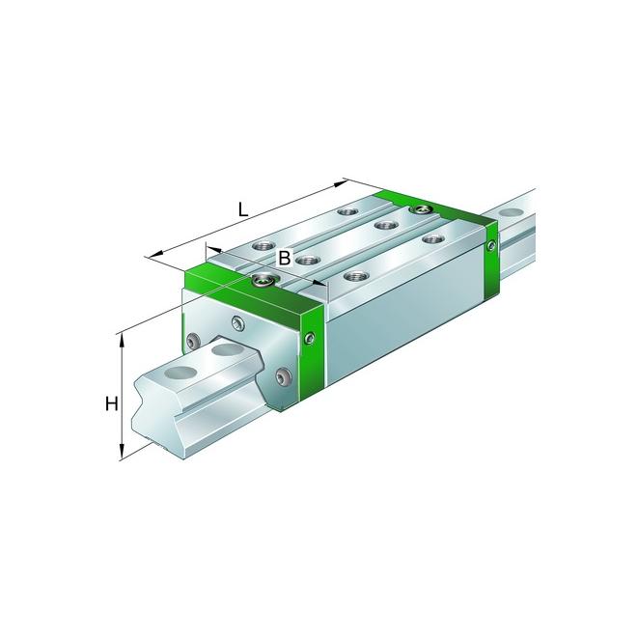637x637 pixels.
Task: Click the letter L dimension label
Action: [242, 210]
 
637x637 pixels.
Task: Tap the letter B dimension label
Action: [285, 257]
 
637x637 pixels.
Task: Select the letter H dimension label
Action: [111, 404]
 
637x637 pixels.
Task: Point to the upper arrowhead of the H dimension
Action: [122, 342]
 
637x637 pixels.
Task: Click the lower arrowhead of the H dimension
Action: [122, 452]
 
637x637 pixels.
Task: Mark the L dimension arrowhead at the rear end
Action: [341, 184]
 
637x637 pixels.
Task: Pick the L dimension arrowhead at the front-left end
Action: [153, 255]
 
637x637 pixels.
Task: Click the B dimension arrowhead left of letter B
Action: [214, 248]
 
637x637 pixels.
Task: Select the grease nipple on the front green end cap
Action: [263, 280]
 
